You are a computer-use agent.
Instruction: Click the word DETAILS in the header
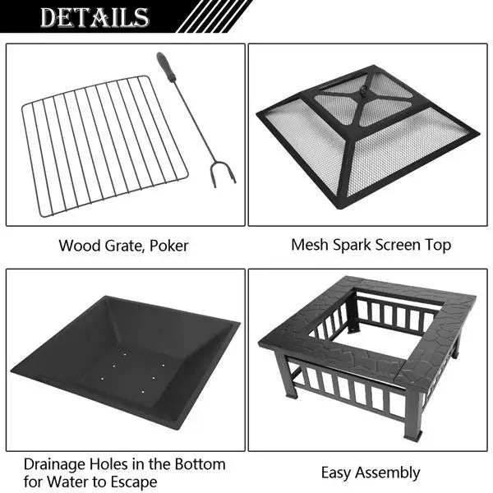[95, 17]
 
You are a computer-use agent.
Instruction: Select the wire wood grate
[103, 144]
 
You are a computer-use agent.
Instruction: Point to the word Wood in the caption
[76, 246]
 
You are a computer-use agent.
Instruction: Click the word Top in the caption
[439, 245]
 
